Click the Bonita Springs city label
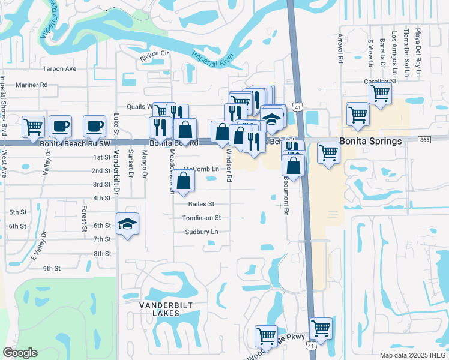click(370, 142)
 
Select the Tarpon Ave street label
click(59, 69)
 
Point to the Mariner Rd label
click(31, 85)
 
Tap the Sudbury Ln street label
click(201, 232)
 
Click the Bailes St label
click(201, 205)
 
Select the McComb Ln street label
click(201, 169)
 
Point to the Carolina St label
click(380, 81)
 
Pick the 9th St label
click(52, 268)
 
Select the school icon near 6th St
click(127, 224)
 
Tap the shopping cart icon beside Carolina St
click(380, 93)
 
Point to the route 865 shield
click(425, 140)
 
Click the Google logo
click(20, 353)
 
